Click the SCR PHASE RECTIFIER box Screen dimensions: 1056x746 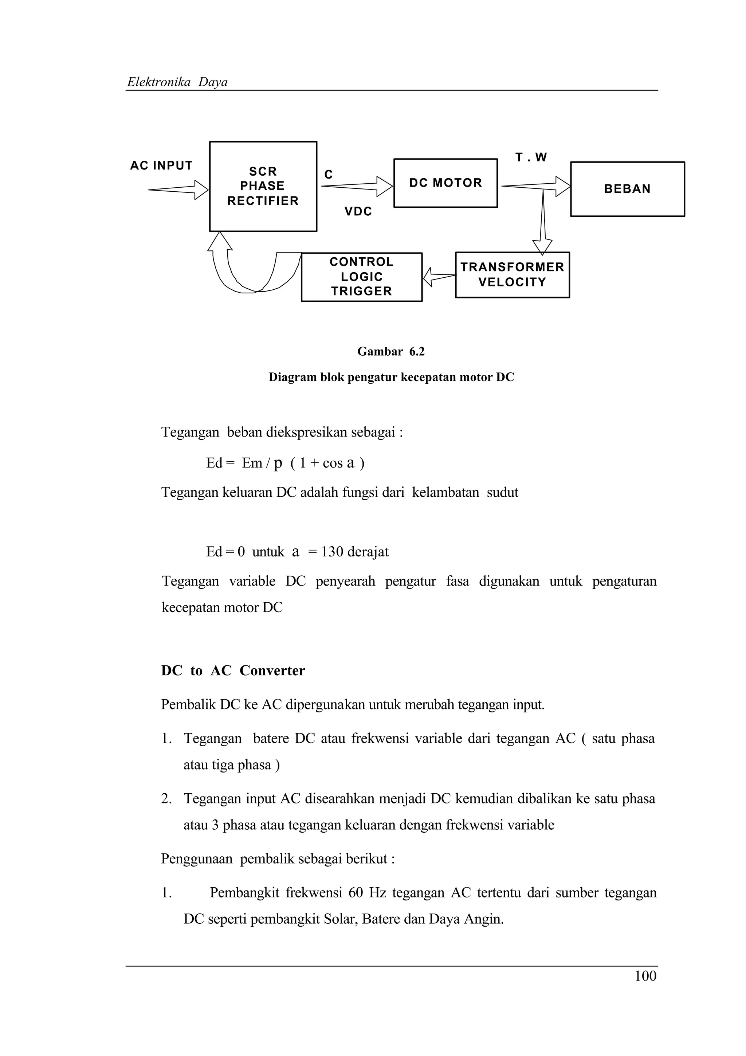pos(263,186)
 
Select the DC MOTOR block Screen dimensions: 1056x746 pos(445,183)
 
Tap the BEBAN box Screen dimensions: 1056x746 pos(627,189)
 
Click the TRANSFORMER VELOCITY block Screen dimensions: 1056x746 pos(512,275)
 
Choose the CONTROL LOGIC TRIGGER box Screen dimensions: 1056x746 pos(361,277)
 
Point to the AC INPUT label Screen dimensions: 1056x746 pos(161,165)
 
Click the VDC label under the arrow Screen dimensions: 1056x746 pos(358,212)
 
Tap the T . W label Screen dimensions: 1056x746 pos(531,157)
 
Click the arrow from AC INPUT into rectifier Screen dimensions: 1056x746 pos(178,189)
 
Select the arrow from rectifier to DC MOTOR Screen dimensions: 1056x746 pos(357,186)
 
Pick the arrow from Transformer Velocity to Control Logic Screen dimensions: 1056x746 pos(439,277)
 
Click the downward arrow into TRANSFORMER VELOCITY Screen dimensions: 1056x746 pos(542,223)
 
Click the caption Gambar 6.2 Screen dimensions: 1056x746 pos(391,352)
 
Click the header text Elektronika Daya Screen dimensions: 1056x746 pos(177,82)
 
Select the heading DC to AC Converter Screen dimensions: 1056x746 pos(233,670)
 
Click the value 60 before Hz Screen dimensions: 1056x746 pos(356,893)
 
